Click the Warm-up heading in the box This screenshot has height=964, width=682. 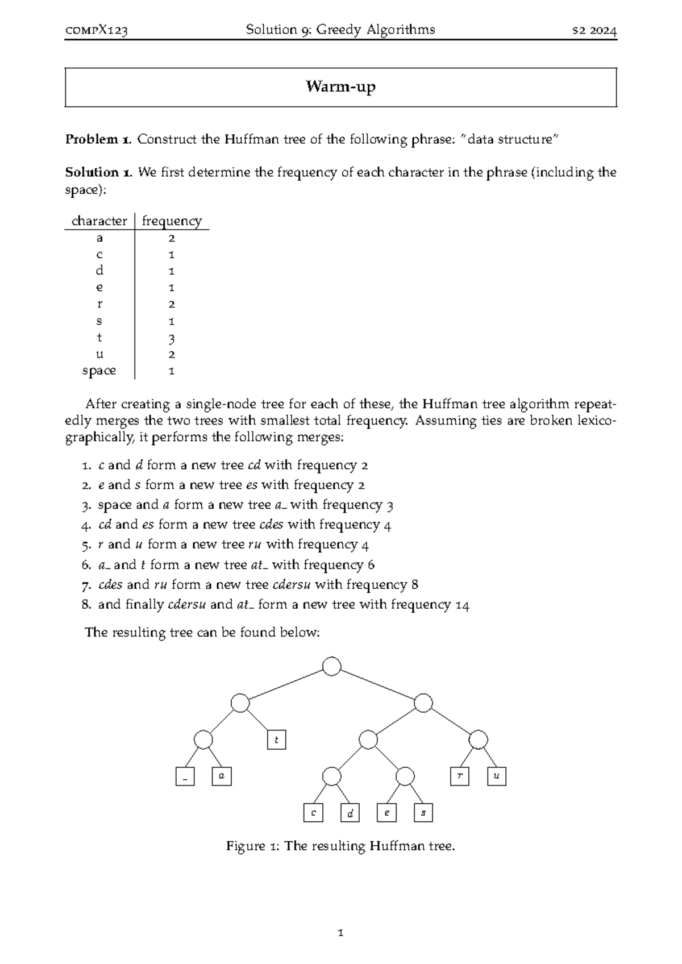340,87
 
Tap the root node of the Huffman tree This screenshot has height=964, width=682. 331,666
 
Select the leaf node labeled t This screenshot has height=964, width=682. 276,740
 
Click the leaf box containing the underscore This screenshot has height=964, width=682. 185,777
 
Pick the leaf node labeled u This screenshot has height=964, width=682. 496,776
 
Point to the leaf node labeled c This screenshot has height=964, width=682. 313,813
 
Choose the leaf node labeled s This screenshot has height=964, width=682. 423,813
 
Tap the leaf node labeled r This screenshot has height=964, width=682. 459,776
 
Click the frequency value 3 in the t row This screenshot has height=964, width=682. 172,339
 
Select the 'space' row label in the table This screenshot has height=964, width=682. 99,371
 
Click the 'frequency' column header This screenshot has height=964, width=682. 172,221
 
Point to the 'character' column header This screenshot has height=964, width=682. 99,221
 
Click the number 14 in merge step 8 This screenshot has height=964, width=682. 462,605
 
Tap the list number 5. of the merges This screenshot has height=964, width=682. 86,545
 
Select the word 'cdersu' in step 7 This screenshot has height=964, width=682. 292,585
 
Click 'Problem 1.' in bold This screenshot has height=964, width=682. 99,139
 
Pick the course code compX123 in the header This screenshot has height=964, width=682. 96,31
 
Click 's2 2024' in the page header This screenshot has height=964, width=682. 594,31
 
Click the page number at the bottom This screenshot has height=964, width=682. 340,933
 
